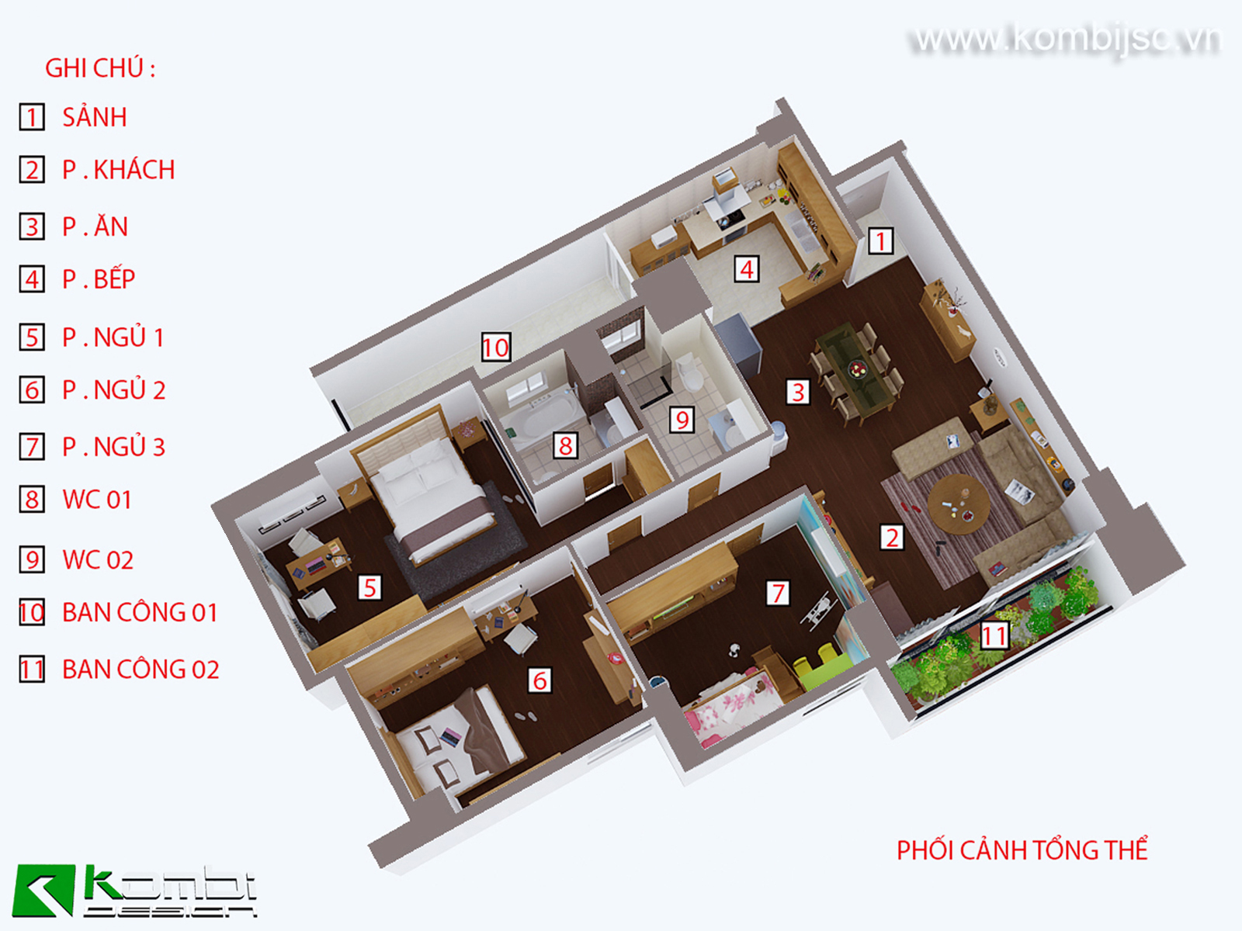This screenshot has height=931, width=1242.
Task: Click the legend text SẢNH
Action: [95, 117]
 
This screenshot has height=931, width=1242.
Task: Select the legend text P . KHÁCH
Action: [118, 170]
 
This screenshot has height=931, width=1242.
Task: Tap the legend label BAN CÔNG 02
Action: [141, 670]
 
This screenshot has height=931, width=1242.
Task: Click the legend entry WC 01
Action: [97, 500]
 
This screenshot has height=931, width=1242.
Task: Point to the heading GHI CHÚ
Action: [100, 68]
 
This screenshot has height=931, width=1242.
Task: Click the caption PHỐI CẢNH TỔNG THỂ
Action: [1022, 851]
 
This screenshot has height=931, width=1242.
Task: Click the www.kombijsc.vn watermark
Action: [1067, 40]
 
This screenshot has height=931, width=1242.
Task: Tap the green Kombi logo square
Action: [44, 890]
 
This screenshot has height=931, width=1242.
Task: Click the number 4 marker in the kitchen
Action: [746, 270]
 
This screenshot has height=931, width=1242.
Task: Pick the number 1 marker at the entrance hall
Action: [880, 241]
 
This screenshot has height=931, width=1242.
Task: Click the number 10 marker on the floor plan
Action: [496, 347]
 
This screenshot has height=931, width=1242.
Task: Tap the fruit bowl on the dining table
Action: [858, 370]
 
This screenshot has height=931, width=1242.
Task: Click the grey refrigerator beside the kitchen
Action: [739, 345]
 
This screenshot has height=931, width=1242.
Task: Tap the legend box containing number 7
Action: [32, 447]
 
